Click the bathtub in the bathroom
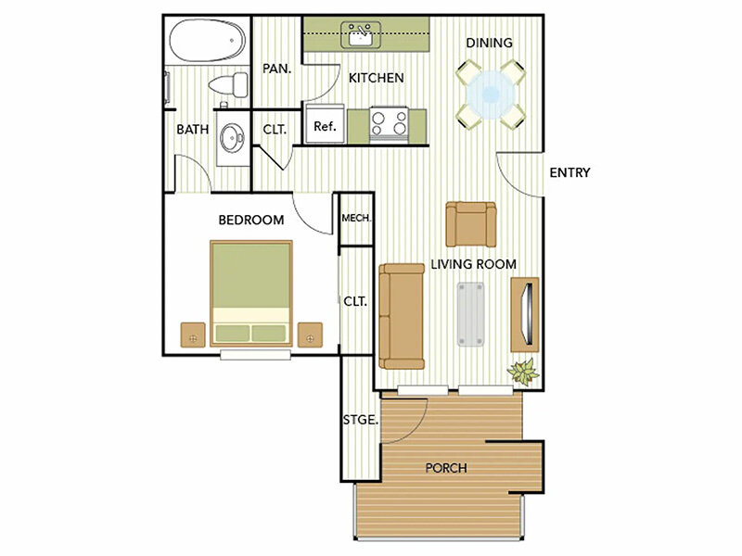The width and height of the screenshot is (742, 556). (208, 40)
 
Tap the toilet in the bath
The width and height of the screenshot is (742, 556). (228, 85)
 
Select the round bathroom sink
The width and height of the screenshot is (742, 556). (233, 137)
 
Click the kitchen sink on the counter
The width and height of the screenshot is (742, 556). (362, 35)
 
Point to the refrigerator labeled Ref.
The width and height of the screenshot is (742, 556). (325, 124)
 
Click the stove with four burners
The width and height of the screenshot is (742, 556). (389, 124)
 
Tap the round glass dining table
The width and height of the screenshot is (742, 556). (491, 95)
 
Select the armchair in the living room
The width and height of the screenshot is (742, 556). (471, 224)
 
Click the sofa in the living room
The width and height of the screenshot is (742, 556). (402, 316)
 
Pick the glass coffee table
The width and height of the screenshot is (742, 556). (470, 314)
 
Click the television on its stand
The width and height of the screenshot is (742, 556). (525, 314)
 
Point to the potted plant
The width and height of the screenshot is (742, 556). (523, 372)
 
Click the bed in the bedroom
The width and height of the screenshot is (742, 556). (251, 294)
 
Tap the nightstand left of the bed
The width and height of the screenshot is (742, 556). (193, 335)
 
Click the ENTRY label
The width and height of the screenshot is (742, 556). (569, 172)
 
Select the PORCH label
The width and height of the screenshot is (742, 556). (446, 468)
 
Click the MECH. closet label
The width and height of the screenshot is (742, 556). (356, 218)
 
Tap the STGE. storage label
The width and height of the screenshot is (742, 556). (361, 420)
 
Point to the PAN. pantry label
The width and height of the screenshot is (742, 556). (277, 69)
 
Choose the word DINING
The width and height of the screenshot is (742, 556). (490, 43)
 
